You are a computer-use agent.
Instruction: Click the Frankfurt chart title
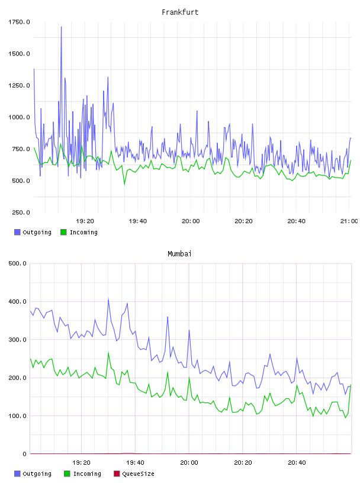[x=180, y=12]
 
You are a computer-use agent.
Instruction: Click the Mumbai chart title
[x=179, y=254]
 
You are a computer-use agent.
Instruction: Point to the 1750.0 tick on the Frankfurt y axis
[x=19, y=22]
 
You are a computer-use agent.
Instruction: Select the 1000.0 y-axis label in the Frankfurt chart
[x=19, y=117]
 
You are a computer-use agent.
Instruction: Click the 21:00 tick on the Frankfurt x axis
[x=349, y=221]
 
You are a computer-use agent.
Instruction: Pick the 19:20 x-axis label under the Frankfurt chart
[x=85, y=221]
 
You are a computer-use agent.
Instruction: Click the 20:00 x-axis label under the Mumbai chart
[x=189, y=462]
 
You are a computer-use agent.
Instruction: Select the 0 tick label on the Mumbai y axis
[x=25, y=454]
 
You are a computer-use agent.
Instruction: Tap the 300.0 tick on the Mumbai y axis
[x=17, y=339]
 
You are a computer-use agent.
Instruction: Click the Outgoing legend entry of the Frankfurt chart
[x=33, y=232]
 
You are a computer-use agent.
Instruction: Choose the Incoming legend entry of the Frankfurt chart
[x=79, y=232]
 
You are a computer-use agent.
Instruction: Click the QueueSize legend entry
[x=134, y=474]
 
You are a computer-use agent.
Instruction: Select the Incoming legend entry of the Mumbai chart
[x=83, y=474]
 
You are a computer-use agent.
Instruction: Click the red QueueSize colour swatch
[x=117, y=474]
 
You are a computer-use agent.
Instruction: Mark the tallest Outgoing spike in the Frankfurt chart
[x=62, y=27]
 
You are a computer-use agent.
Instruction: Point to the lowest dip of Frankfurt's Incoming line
[x=124, y=184]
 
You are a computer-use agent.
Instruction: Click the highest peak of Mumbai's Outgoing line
[x=108, y=299]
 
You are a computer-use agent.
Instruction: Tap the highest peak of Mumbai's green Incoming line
[x=108, y=353]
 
